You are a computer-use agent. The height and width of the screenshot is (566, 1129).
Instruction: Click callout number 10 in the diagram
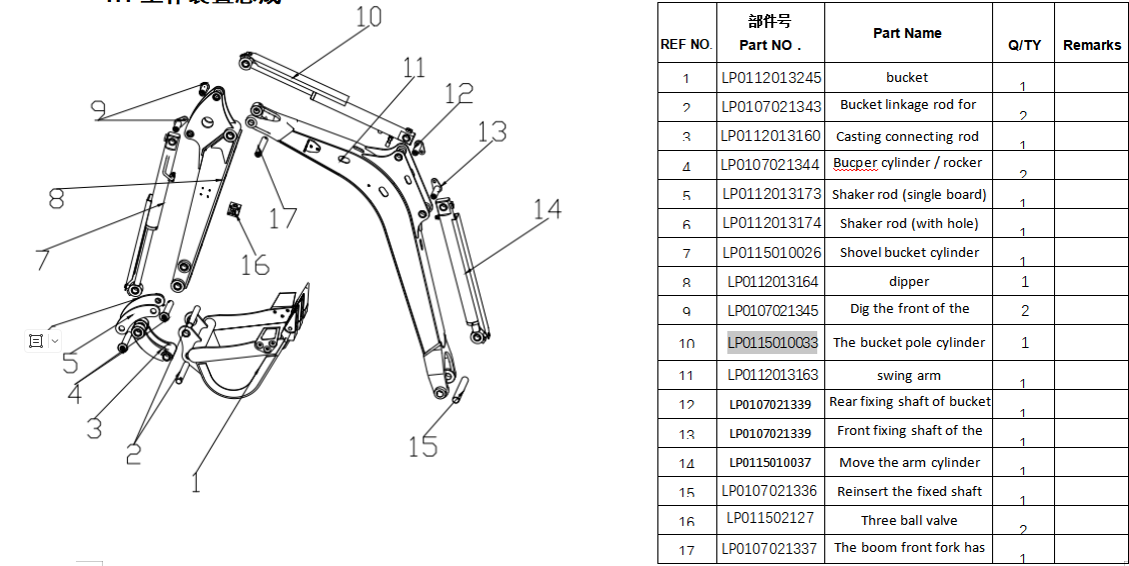tap(368, 17)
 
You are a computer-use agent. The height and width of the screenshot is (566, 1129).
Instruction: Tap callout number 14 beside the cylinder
tap(547, 210)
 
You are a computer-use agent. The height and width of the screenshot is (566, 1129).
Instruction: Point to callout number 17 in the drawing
tap(283, 217)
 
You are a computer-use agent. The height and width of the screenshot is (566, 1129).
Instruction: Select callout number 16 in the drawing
tap(255, 264)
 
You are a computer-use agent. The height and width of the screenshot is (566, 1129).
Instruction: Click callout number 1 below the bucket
tap(196, 482)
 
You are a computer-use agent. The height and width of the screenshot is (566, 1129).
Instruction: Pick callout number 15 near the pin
tap(423, 446)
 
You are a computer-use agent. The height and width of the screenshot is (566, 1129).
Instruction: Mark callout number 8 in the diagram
tap(57, 199)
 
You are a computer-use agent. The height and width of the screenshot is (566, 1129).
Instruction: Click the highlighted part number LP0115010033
tap(772, 343)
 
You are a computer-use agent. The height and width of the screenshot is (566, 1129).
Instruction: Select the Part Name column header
tap(906, 33)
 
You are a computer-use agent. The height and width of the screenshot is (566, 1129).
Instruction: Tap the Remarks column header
tap(1091, 45)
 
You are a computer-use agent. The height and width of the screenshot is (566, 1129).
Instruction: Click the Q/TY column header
tap(1024, 45)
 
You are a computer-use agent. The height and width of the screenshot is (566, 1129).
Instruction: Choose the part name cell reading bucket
tap(906, 78)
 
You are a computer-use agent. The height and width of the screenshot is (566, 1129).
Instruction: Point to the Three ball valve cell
tap(909, 520)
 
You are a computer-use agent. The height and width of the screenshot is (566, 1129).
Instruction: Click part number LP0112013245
tap(771, 78)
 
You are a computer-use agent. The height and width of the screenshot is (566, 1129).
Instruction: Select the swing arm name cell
tap(908, 376)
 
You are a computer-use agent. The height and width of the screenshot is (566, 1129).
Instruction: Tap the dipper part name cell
tap(908, 282)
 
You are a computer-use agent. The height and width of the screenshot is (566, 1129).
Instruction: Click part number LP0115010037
tap(770, 462)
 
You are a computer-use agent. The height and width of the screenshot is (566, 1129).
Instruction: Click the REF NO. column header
tap(686, 45)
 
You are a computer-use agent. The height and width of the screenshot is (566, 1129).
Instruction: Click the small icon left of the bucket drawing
tap(36, 341)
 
